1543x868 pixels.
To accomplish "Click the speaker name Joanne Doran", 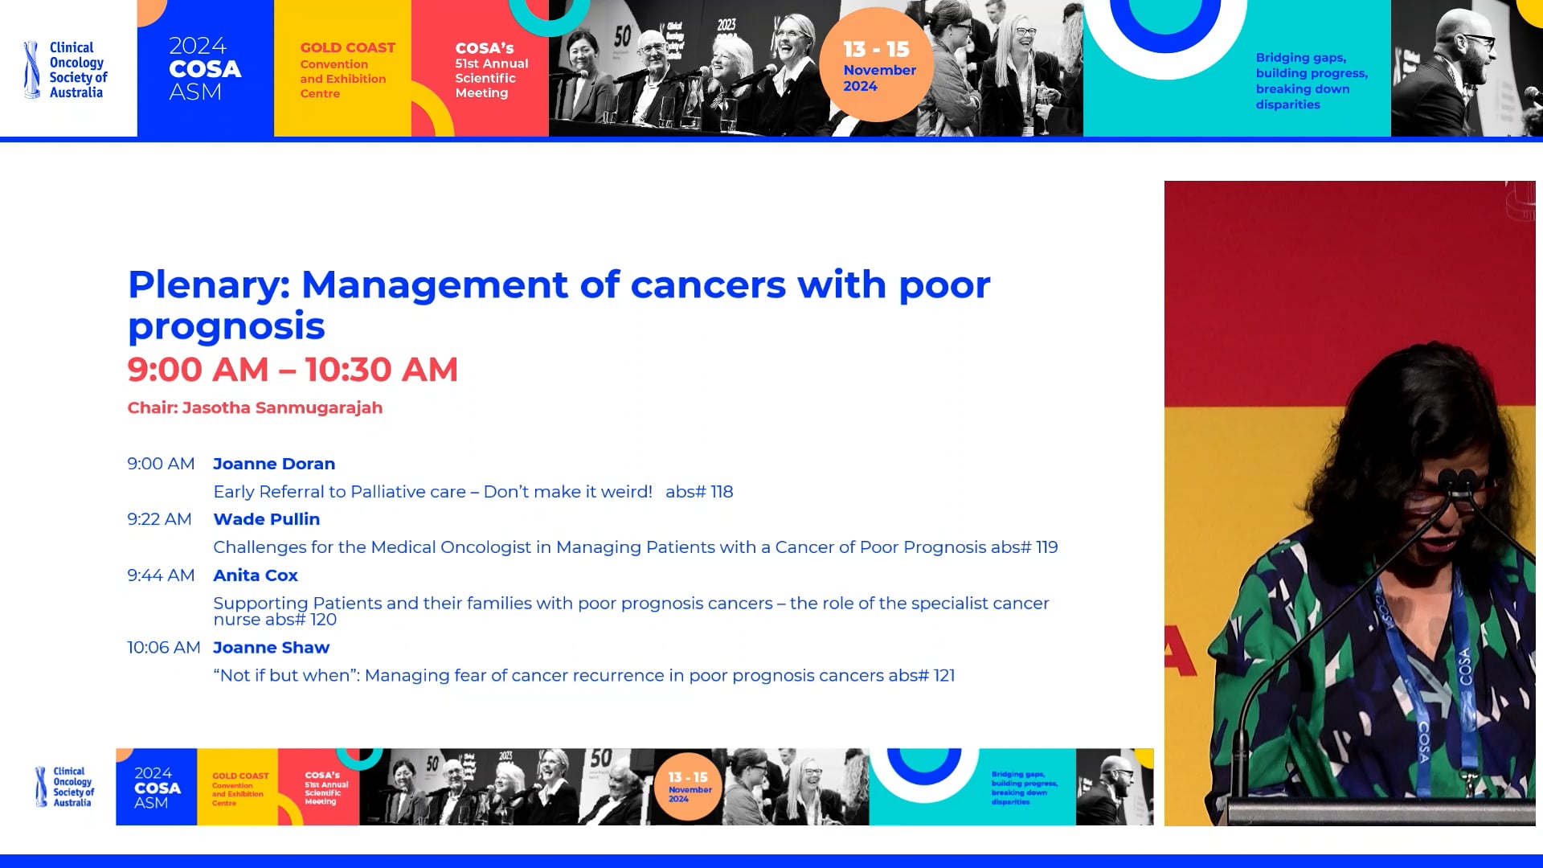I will pyautogui.click(x=274, y=464).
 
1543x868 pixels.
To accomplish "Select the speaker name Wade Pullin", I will pyautogui.click(x=266, y=519).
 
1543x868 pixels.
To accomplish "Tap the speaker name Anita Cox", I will pyautogui.click(x=255, y=575).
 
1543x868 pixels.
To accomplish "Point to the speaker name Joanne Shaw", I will pyautogui.click(x=271, y=648).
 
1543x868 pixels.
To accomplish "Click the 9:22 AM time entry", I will pyautogui.click(x=159, y=519).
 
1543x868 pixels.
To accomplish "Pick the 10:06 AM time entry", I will pyautogui.click(x=163, y=648).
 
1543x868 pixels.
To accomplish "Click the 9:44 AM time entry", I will pyautogui.click(x=161, y=575).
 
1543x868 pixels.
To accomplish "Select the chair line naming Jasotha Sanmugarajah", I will pyautogui.click(x=255, y=407).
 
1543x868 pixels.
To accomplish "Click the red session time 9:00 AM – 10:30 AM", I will pyautogui.click(x=293, y=370).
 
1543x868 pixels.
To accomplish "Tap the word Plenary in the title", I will pyautogui.click(x=207, y=285).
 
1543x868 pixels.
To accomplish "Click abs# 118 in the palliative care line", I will pyautogui.click(x=698, y=492).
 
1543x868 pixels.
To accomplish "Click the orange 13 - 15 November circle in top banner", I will pyautogui.click(x=877, y=66).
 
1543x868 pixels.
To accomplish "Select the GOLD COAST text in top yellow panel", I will pyautogui.click(x=347, y=48).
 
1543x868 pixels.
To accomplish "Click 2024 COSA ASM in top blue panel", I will pyautogui.click(x=204, y=69).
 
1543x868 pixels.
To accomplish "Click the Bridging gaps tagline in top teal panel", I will pyautogui.click(x=1311, y=80).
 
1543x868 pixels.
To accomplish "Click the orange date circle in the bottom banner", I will pyautogui.click(x=688, y=787).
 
